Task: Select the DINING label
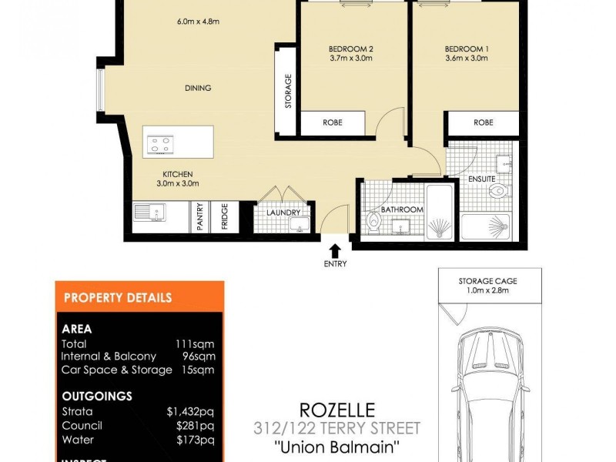click(198, 89)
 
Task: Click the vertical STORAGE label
click(289, 91)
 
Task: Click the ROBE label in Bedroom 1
click(483, 122)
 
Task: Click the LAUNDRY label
click(283, 213)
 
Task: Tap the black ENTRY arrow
click(335, 250)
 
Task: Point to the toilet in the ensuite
click(500, 190)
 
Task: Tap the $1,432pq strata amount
click(190, 412)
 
